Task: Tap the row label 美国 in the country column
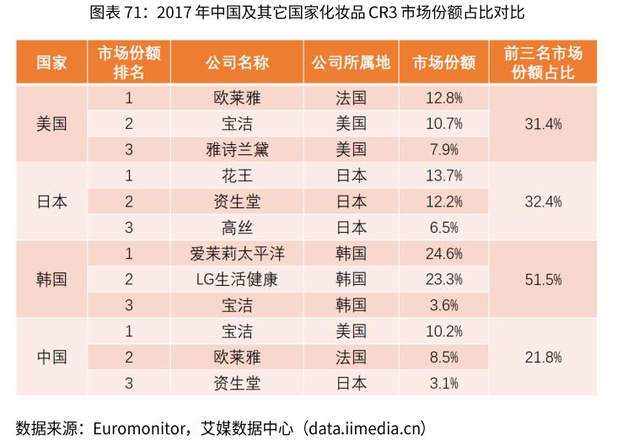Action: [x=51, y=123]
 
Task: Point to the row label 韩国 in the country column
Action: [x=51, y=278]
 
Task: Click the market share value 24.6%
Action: [x=444, y=252]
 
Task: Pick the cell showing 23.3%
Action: [x=444, y=278]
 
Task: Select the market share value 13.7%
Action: [x=444, y=175]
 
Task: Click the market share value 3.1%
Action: [x=444, y=383]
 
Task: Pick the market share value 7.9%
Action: [x=444, y=149]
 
